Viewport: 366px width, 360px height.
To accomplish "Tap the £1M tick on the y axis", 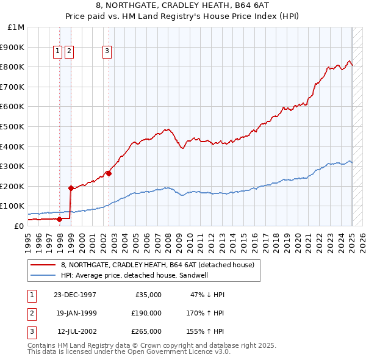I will (x=16, y=27).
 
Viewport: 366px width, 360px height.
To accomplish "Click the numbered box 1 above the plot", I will (x=57, y=52).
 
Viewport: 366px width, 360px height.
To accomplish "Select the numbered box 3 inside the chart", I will (x=107, y=52).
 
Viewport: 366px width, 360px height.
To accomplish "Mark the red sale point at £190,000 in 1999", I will (x=71, y=188).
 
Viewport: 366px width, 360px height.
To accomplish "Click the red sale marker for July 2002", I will (x=109, y=173).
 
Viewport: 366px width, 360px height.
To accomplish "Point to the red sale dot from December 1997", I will (x=60, y=219).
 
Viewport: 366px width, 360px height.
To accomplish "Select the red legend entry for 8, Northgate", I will (x=157, y=265).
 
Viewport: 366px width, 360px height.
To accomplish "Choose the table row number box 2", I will (x=31, y=313).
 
